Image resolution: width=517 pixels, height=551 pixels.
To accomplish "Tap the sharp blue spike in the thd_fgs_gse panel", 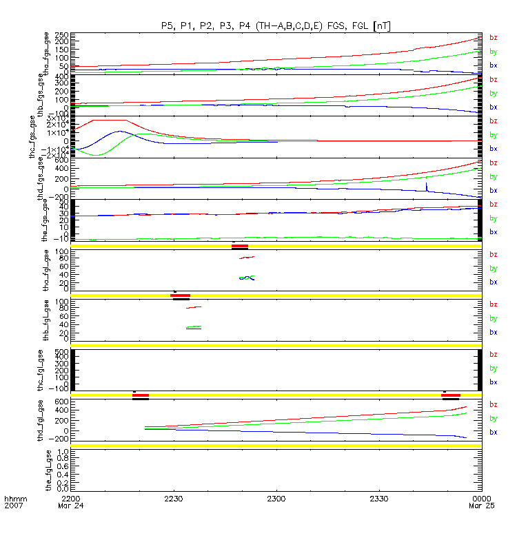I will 427,185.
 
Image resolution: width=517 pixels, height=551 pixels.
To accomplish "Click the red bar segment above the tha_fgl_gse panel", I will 240,246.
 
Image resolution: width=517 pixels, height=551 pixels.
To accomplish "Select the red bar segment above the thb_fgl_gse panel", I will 180,295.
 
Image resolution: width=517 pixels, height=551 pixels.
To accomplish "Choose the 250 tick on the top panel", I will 60,35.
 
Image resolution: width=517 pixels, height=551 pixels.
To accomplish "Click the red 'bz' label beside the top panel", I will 494,37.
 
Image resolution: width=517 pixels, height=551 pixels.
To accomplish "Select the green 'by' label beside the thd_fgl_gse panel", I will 494,419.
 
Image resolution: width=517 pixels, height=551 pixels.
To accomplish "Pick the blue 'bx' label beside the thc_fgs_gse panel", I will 494,149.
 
